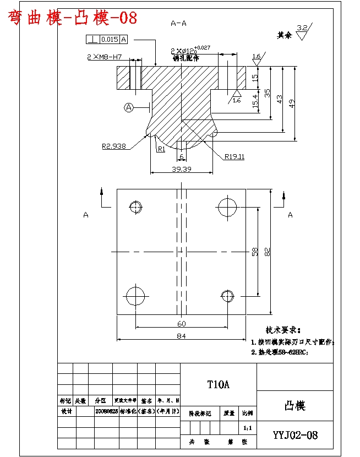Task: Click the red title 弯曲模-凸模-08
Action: [72, 18]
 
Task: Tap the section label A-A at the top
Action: [178, 24]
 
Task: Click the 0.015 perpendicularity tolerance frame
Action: [106, 39]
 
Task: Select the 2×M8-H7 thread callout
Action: [104, 57]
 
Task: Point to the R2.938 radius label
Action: [114, 146]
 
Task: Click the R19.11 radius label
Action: [234, 156]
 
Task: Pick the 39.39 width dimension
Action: [181, 169]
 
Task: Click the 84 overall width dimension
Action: [181, 335]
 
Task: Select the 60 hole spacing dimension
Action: [181, 323]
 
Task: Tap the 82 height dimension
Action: [268, 252]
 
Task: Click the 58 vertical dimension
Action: [254, 252]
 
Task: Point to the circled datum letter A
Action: [129, 107]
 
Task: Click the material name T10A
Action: [218, 384]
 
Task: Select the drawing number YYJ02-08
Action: [295, 435]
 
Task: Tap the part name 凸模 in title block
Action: [294, 406]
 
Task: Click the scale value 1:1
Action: [247, 427]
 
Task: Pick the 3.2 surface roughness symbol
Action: [302, 31]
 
